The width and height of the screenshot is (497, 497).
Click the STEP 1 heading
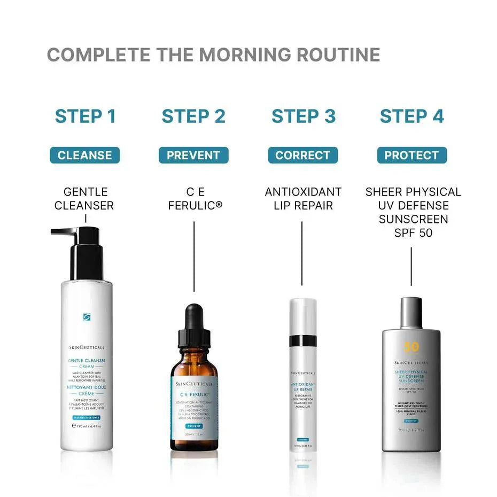[86, 116]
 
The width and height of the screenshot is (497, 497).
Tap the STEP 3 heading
[304, 116]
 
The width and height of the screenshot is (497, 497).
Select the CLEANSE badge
[85, 156]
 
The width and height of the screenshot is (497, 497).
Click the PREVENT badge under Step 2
[193, 156]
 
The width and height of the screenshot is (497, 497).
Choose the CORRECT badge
[303, 156]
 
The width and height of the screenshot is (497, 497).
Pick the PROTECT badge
[411, 156]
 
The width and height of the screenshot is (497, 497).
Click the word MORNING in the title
[254, 55]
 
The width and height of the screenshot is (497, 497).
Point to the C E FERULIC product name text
[195, 199]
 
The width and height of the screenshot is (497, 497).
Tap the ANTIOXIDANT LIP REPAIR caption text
[303, 199]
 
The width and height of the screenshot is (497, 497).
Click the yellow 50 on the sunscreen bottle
[411, 347]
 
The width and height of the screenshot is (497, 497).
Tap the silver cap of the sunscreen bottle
[411, 313]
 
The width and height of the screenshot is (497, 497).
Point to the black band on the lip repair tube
[303, 340]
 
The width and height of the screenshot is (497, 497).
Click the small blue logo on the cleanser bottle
[87, 317]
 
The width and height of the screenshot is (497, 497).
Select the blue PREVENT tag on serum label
[193, 426]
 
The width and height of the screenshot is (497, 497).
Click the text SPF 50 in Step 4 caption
[411, 233]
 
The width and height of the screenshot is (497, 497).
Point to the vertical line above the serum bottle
[194, 257]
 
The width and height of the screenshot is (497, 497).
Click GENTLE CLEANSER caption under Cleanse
[84, 199]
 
